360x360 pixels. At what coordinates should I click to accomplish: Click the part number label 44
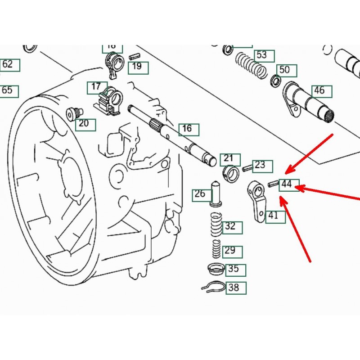tap(288, 184)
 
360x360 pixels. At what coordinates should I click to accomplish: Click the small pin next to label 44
tap(273, 183)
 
